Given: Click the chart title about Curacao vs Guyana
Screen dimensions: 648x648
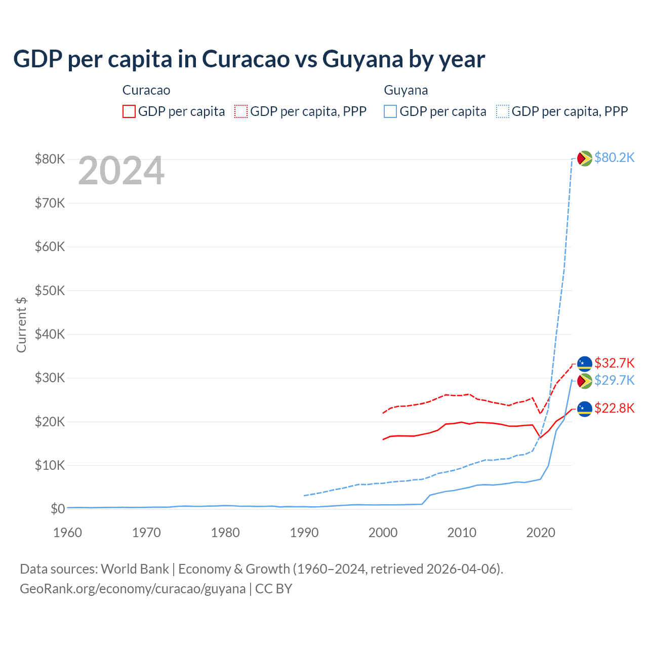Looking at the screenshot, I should pyautogui.click(x=249, y=59).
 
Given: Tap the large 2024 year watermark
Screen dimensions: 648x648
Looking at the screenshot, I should pyautogui.click(x=121, y=171).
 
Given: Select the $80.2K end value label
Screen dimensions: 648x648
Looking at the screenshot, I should pyautogui.click(x=614, y=157).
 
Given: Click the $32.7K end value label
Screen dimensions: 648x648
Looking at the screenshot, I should pyautogui.click(x=614, y=363).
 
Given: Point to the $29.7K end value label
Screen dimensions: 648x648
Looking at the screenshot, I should pyautogui.click(x=614, y=380).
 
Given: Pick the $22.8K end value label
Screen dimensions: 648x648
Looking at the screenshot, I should pyautogui.click(x=614, y=408).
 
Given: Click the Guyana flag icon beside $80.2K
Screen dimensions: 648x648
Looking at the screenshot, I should pyautogui.click(x=585, y=158).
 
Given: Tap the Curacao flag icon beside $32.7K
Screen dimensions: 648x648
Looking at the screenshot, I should pyautogui.click(x=585, y=363).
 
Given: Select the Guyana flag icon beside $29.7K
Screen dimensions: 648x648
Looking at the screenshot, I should pyautogui.click(x=585, y=381).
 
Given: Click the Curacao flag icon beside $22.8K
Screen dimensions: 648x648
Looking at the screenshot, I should pyautogui.click(x=585, y=409).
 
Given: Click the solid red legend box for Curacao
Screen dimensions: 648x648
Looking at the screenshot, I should pyautogui.click(x=129, y=111).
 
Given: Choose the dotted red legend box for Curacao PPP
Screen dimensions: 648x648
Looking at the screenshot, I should pyautogui.click(x=241, y=111).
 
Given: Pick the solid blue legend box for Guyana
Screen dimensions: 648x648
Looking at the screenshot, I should pyautogui.click(x=390, y=111).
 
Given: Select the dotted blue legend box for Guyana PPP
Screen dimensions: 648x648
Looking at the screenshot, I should pyautogui.click(x=503, y=111).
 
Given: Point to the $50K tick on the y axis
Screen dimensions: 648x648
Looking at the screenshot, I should pyautogui.click(x=50, y=291).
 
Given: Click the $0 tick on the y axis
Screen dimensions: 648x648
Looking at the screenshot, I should pyautogui.click(x=58, y=509).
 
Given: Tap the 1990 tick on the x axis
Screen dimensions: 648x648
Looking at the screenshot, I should pyautogui.click(x=304, y=533).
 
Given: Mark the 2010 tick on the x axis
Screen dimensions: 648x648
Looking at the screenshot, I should pyautogui.click(x=462, y=533).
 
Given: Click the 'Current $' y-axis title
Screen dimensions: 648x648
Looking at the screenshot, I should pyautogui.click(x=21, y=325).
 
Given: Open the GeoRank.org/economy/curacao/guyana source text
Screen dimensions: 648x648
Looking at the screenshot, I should pyautogui.click(x=133, y=589).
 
